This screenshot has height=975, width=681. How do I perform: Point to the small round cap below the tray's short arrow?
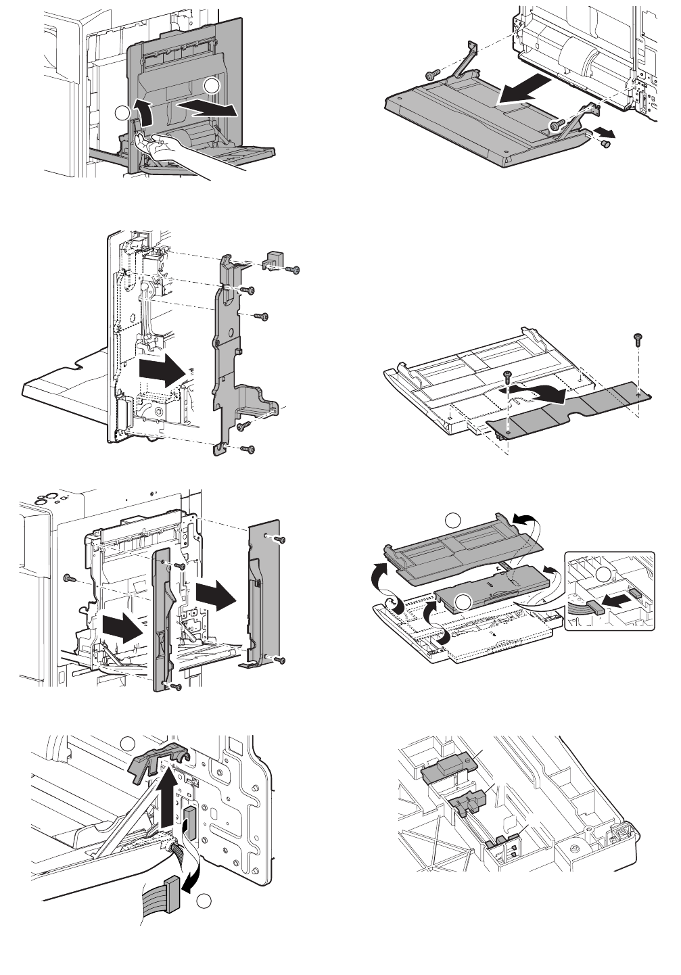[x=605, y=142]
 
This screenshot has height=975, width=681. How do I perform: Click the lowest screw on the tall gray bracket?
[x=250, y=448]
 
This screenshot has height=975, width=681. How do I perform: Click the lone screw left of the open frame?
[x=68, y=577]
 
